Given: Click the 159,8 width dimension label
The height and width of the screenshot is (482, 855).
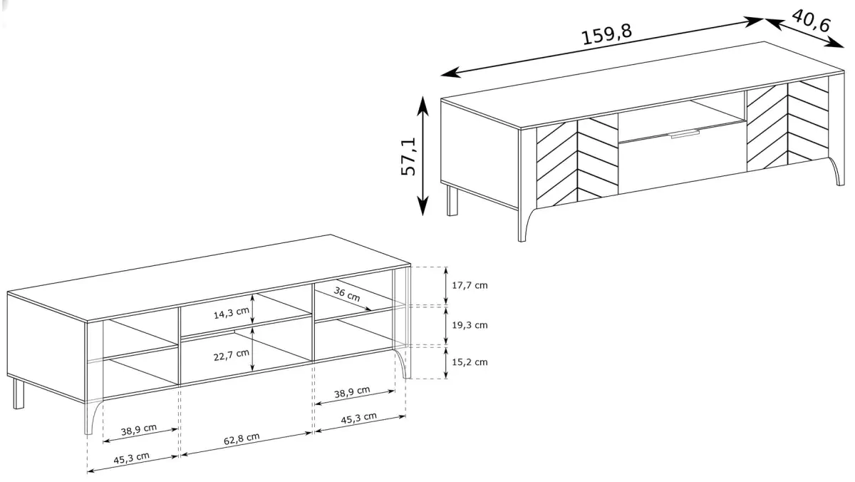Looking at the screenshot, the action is coord(606,34).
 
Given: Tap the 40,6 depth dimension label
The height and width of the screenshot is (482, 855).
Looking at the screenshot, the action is coord(811,21).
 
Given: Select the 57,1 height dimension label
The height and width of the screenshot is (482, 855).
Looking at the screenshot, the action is coord(408,157).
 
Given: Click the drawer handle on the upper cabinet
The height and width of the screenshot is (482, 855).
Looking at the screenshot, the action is coord(685,134).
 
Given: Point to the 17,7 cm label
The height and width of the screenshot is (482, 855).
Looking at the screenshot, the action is coord(470,285).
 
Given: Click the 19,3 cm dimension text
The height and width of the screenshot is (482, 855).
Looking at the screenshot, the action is coord(470,325).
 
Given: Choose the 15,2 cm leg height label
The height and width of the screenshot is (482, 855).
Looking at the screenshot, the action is coord(470,362).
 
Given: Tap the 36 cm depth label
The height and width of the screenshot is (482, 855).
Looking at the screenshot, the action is coord(346,294).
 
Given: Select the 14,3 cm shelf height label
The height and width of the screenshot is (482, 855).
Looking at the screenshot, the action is coord(231,313).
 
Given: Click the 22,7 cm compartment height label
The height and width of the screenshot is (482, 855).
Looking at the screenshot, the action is coord(231,355).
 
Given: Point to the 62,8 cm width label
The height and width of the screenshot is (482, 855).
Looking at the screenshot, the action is coord(242,439).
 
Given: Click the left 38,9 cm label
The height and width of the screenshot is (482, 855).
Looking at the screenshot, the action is coord(138,430).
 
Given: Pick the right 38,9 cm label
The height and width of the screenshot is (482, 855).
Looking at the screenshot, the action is coord(352,392).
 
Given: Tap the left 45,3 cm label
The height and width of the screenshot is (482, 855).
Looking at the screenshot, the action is coord(131,458).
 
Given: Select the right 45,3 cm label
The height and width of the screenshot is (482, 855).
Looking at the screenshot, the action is coord(359,418).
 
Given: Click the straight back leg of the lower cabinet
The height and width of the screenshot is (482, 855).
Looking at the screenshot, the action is coord(19,394).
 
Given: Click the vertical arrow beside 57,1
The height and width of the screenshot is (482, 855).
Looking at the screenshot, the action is coord(423,156).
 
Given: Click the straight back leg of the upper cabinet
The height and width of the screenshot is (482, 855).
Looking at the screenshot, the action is coord(452,200).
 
